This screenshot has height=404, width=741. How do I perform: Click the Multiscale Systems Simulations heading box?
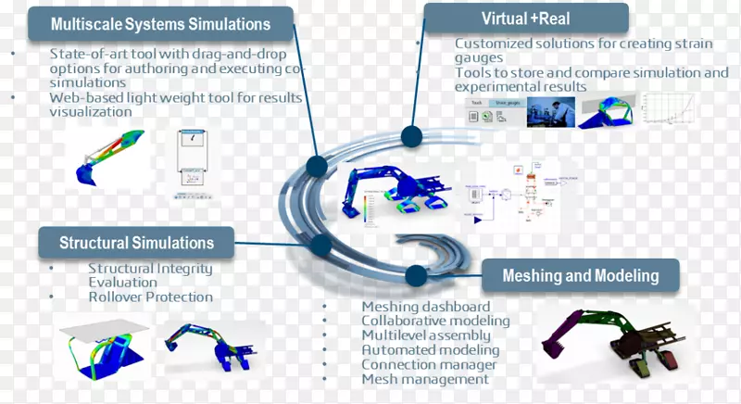161,24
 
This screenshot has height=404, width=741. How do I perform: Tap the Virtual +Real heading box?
526,19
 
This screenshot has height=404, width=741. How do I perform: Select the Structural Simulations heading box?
137,244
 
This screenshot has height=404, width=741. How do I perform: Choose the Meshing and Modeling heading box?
580,275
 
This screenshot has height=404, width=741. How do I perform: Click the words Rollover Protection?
150,297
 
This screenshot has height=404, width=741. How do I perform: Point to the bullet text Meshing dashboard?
426,307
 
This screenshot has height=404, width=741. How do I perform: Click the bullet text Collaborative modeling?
435,322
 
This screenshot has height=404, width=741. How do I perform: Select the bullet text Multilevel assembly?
426,335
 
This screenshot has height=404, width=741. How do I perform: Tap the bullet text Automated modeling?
431,350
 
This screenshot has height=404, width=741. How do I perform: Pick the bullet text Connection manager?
429,365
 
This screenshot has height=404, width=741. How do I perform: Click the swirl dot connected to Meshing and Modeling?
417,274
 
